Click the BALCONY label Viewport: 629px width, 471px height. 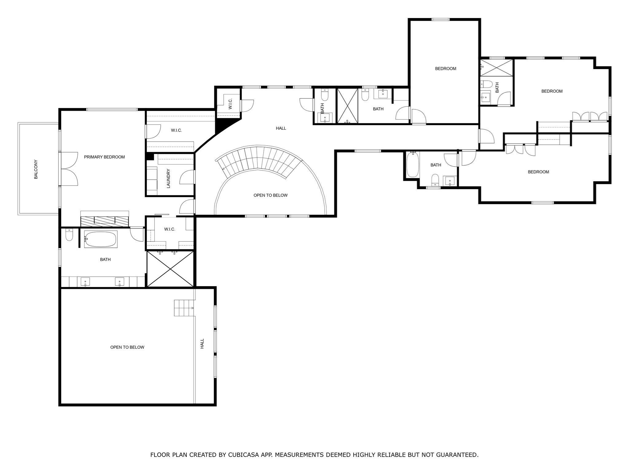[x=36, y=169]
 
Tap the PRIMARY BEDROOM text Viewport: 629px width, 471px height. [x=104, y=157]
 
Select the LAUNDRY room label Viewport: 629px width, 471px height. [x=168, y=178]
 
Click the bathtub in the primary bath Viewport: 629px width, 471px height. [x=101, y=239]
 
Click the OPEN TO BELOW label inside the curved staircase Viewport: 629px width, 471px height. [x=270, y=195]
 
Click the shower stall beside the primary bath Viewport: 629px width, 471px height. [x=170, y=269]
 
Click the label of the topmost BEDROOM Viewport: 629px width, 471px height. [x=445, y=69]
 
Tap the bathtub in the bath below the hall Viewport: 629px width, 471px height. [x=412, y=165]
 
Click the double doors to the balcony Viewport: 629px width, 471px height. [x=68, y=169]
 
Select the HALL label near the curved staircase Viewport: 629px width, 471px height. [x=281, y=128]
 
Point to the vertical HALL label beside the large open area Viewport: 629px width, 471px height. [x=202, y=343]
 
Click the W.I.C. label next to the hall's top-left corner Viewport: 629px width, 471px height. [x=230, y=104]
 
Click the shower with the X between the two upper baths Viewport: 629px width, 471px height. [x=347, y=106]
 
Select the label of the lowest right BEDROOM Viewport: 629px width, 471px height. [x=538, y=172]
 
